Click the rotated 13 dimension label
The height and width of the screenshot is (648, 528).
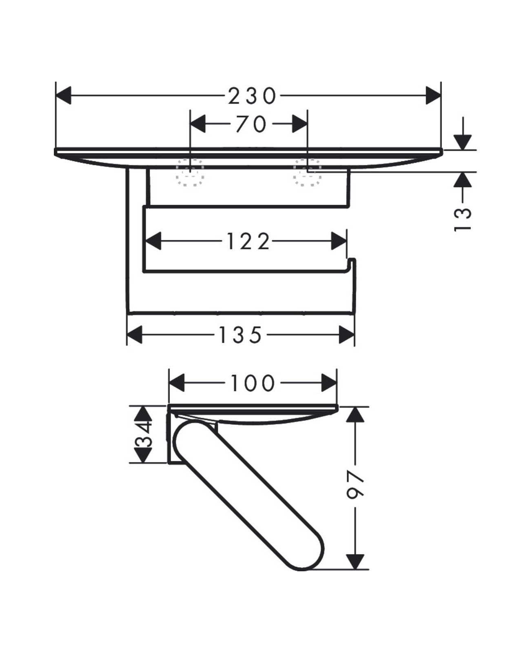click(x=462, y=220)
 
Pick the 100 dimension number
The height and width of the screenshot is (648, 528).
click(x=253, y=383)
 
